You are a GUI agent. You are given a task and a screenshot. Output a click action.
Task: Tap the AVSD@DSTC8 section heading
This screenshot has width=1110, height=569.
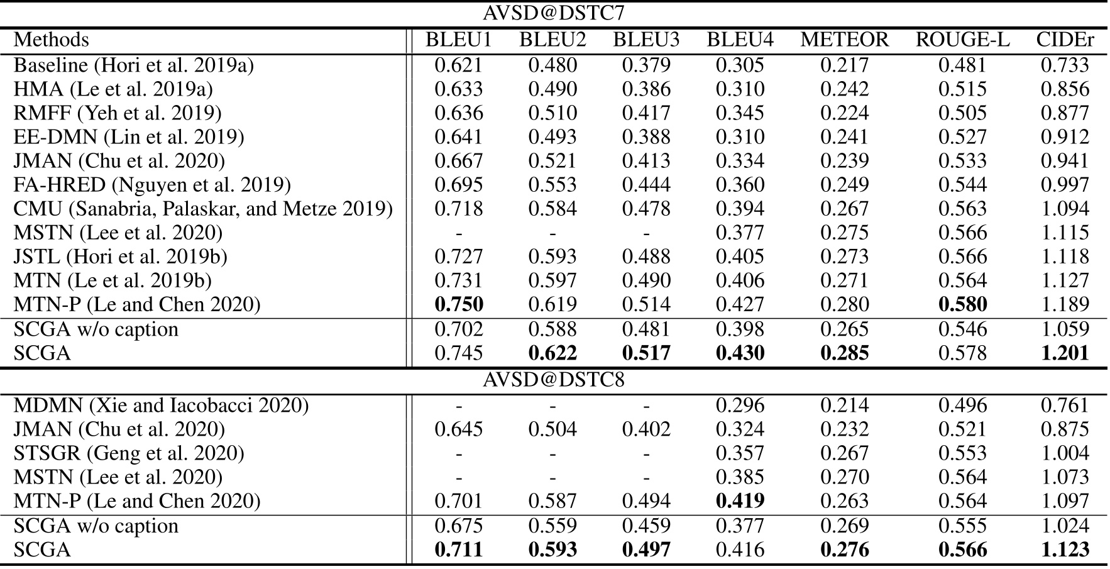pos(553,380)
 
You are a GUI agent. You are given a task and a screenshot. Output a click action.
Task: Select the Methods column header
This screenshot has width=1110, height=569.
pos(52,40)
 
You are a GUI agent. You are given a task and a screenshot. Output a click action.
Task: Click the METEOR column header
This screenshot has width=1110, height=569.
pos(844,40)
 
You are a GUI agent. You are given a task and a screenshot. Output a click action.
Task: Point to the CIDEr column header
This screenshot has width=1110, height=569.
pos(1065,40)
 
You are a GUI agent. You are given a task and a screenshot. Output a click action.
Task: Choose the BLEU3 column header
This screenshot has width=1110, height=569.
pos(646,40)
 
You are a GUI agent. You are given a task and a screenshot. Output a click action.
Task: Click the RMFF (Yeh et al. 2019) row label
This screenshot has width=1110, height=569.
pos(118,113)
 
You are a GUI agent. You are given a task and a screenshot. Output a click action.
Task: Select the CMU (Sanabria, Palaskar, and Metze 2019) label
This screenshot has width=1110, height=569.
pos(203,209)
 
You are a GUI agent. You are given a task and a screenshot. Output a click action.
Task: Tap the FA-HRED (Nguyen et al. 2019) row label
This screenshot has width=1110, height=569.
pos(152,185)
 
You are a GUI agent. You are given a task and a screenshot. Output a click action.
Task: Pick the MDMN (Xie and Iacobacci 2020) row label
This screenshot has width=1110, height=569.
pos(161,406)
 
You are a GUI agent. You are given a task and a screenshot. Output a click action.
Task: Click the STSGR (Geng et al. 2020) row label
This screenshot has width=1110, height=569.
pos(129,453)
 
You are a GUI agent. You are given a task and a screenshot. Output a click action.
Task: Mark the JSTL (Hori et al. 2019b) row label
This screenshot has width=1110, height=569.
pos(121,257)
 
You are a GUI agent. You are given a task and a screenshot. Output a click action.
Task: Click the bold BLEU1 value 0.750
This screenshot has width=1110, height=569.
pos(459,304)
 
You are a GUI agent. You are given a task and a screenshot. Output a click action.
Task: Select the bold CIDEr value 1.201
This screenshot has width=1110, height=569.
pos(1065,353)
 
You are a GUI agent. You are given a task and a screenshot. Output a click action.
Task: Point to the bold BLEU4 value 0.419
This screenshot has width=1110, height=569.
pos(740,501)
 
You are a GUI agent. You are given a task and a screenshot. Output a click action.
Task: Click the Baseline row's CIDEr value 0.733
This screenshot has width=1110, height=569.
pos(1065,65)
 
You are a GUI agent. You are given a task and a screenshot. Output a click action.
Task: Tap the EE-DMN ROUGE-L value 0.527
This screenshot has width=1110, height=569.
pos(962,137)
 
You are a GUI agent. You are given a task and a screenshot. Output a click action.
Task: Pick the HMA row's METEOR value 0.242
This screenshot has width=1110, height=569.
pos(844,89)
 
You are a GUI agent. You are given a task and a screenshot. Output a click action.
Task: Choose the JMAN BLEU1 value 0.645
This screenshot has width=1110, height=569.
pos(459,429)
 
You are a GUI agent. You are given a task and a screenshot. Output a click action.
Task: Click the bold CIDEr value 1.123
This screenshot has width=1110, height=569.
pos(1065,550)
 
